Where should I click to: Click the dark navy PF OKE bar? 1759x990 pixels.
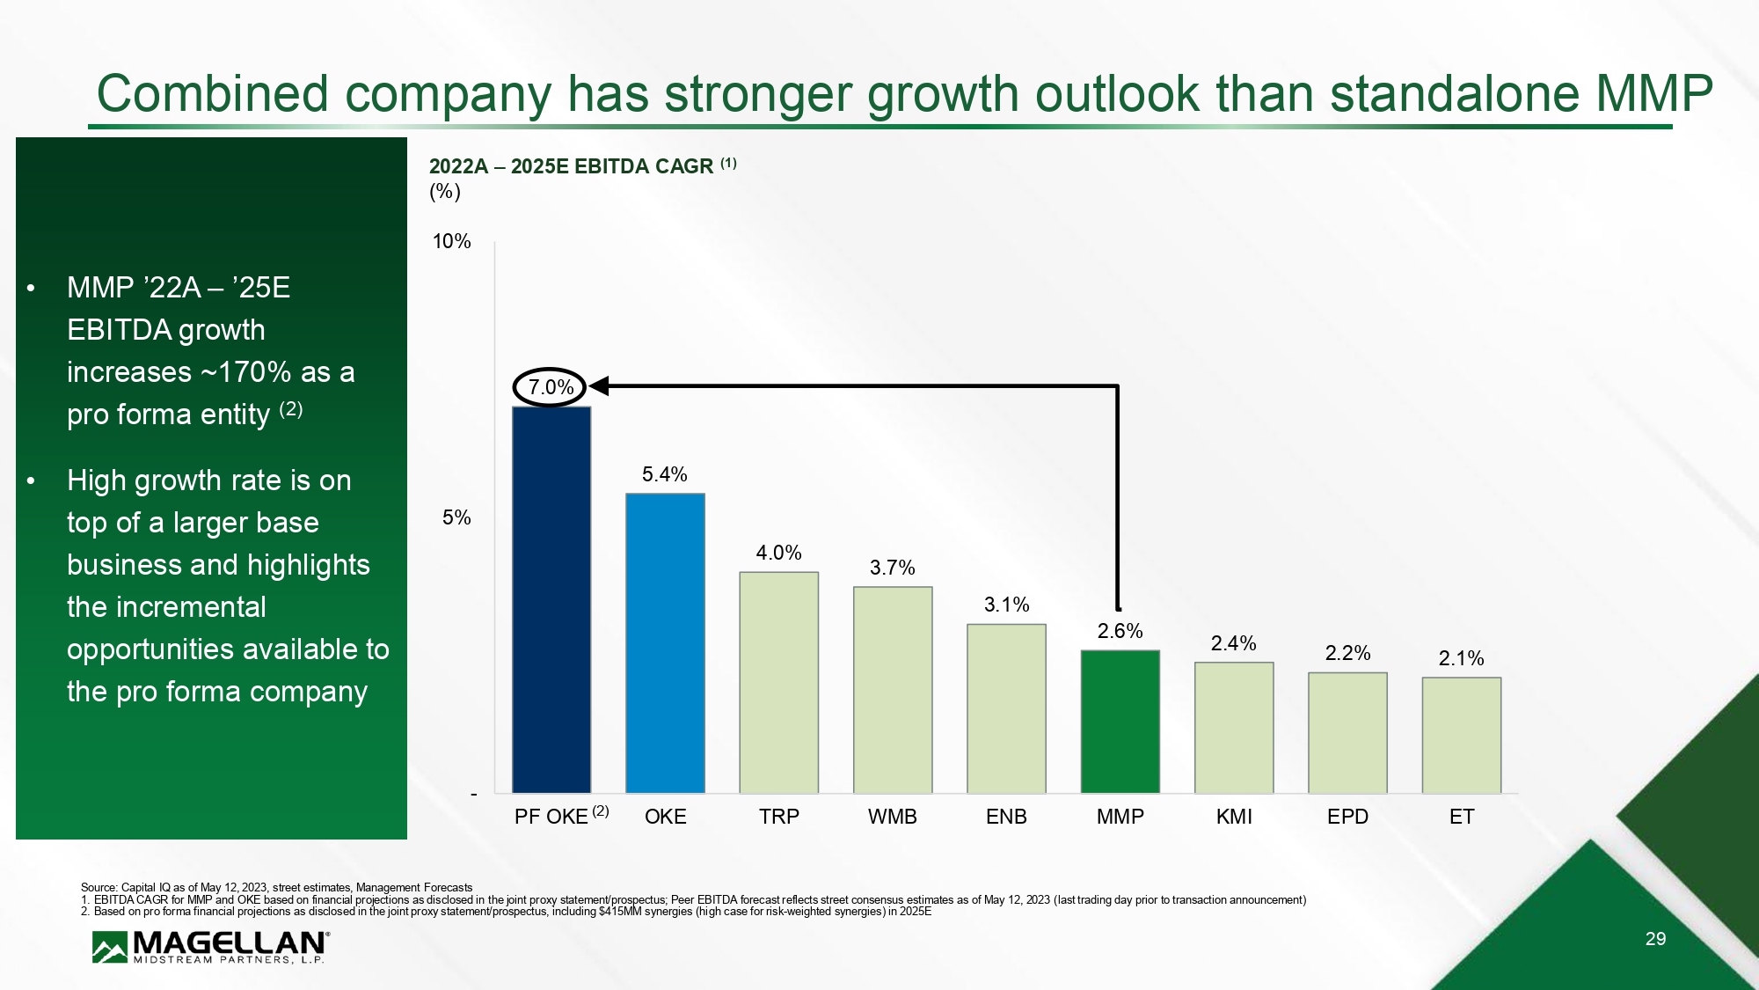tap(551, 599)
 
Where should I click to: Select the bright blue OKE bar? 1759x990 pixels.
tap(665, 642)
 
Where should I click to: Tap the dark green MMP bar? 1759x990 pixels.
tap(1120, 721)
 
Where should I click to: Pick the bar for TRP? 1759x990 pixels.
tap(778, 682)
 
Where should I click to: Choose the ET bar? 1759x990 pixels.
tap(1461, 735)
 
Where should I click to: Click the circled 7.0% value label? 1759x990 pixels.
tap(551, 387)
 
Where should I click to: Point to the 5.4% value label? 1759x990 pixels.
tap(664, 475)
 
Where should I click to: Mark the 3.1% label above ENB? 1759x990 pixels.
tap(1006, 605)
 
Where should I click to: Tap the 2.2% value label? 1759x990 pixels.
tap(1347, 653)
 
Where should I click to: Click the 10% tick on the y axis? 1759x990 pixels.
tap(451, 241)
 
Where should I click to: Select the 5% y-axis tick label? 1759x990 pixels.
tap(456, 517)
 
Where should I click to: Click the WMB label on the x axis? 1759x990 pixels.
tap(892, 817)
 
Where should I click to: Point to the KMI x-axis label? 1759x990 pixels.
tap(1233, 817)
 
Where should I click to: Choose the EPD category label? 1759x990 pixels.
tap(1347, 817)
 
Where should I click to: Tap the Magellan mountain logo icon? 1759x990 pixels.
tap(110, 948)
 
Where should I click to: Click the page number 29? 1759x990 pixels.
tap(1655, 939)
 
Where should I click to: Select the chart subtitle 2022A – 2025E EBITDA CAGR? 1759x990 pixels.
tap(571, 166)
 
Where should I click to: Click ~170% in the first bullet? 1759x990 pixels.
tap(245, 372)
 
